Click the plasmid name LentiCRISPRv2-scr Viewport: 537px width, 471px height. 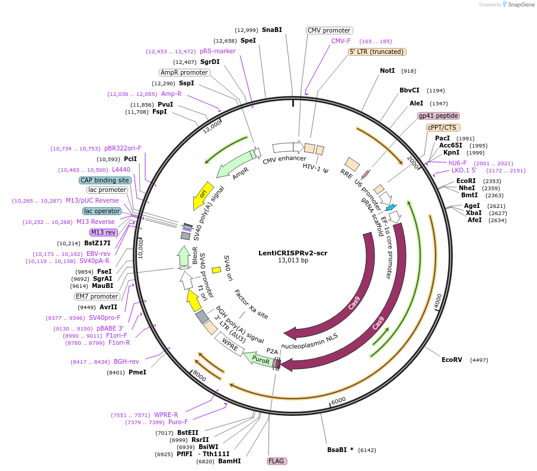[293, 252]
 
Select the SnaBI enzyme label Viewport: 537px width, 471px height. [272, 30]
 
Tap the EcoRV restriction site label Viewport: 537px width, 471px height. [452, 360]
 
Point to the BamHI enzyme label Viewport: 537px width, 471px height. [229, 461]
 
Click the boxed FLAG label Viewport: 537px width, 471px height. [276, 460]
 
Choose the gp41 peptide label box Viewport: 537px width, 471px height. [439, 116]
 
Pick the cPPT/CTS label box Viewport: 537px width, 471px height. [443, 127]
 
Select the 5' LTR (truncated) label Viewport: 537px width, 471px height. [376, 52]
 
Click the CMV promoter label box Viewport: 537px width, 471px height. [330, 30]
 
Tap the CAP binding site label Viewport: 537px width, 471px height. [105, 180]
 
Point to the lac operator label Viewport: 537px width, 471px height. [102, 211]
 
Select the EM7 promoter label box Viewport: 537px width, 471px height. [97, 296]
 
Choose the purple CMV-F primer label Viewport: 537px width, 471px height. [341, 41]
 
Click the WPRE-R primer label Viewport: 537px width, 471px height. [166, 415]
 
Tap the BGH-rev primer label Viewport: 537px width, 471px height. [127, 361]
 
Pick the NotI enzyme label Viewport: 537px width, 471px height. [387, 71]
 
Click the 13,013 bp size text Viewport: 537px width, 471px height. [293, 260]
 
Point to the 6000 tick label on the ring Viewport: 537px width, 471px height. [338, 401]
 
